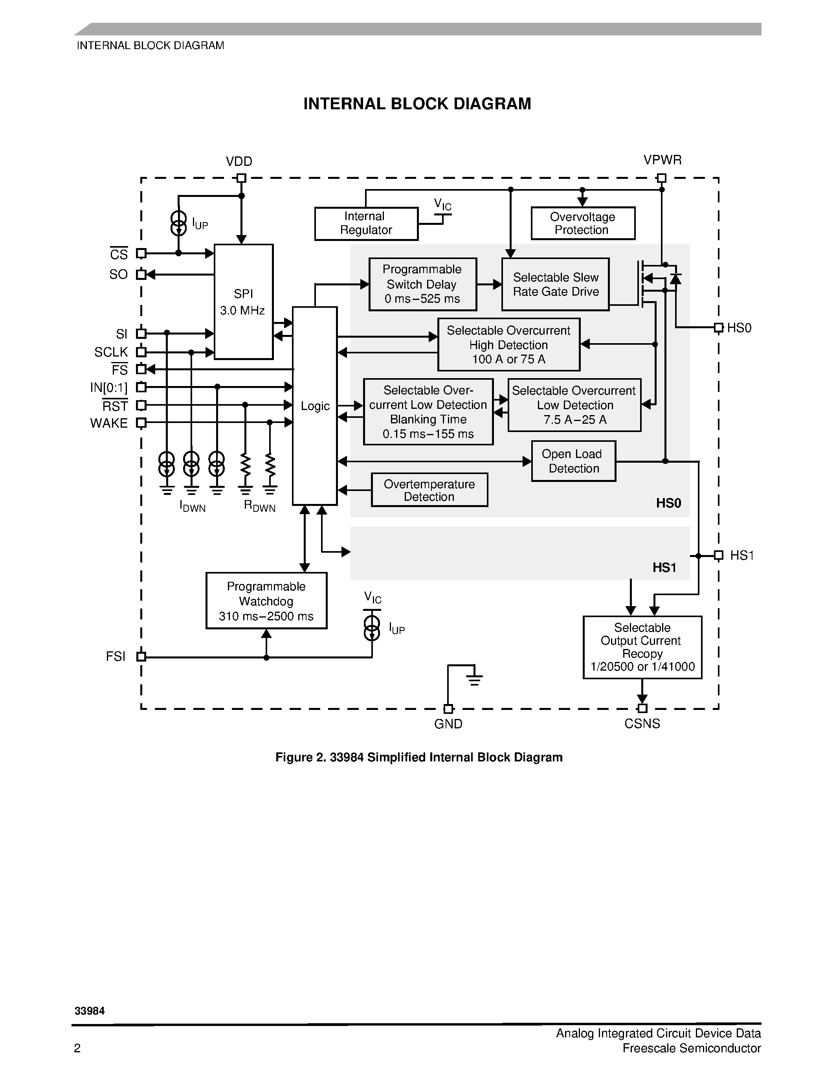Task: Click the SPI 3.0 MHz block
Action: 243,302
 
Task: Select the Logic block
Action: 315,406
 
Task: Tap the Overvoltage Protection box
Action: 583,223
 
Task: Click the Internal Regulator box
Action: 366,224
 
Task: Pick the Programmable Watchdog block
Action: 266,601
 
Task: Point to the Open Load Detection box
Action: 573,461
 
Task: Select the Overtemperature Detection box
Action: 429,490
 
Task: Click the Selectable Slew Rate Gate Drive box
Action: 555,285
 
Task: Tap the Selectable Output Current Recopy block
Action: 642,647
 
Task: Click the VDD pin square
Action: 241,178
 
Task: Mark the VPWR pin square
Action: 661,178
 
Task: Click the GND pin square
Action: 448,709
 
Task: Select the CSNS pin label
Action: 642,724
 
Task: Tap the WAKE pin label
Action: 109,423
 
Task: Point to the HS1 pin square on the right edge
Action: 719,555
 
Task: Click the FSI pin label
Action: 116,657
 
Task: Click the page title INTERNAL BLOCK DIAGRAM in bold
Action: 417,104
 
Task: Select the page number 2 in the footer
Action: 77,1048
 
